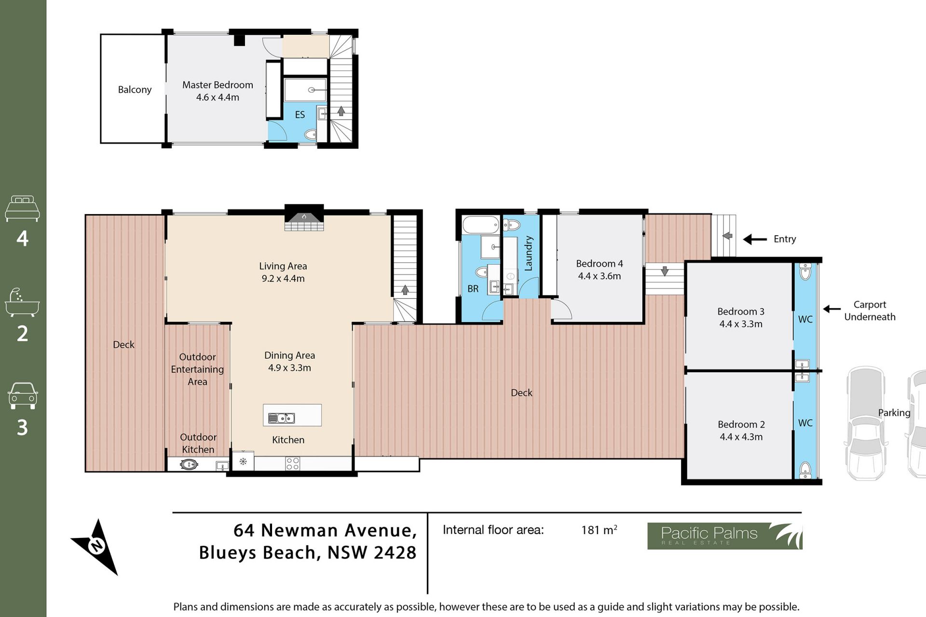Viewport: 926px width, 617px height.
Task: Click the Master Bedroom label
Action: coord(218,85)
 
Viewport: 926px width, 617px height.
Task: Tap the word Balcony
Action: coord(135,90)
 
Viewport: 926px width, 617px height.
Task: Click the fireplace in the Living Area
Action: coord(304,218)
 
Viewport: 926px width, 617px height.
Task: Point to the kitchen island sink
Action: coord(281,418)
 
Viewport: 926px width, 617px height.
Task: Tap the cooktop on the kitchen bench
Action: coord(293,464)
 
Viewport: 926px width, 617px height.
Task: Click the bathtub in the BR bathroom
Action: coord(481,225)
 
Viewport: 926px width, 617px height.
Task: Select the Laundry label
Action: coord(529,253)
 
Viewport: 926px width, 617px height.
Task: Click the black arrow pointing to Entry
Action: coord(755,239)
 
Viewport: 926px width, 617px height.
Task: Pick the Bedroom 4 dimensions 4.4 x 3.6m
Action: coord(599,276)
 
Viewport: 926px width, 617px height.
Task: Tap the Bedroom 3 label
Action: coord(741,311)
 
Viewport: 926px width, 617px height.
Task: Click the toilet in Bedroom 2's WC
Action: coord(805,469)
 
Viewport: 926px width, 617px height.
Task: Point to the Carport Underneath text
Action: coord(870,311)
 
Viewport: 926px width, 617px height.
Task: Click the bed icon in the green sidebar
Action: coord(22,208)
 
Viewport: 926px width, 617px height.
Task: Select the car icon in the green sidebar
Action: coord(22,396)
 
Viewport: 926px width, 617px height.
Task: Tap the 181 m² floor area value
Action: coord(599,530)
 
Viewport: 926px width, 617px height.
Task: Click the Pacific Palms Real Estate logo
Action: coord(724,536)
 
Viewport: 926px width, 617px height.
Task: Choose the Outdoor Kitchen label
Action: coord(198,443)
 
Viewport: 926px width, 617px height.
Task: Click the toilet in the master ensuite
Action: coord(311,134)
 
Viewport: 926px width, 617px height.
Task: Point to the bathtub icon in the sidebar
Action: coord(22,303)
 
